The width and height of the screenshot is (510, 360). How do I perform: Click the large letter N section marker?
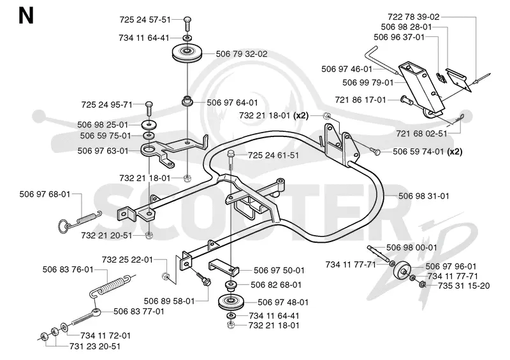(26, 16)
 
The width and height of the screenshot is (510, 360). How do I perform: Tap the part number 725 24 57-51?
(145, 20)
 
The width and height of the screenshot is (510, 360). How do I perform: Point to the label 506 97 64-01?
(232, 103)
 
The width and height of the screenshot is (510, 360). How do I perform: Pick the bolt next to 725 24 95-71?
(149, 108)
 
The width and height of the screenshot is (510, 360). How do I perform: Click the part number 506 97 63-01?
(103, 151)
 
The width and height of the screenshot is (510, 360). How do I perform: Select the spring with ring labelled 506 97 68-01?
(80, 220)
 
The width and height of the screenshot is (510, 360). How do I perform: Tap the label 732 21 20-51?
(106, 236)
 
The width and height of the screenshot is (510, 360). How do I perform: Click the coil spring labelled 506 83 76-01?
(112, 286)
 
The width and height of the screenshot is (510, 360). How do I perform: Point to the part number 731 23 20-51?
(95, 347)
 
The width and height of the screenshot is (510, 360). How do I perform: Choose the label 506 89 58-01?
(169, 301)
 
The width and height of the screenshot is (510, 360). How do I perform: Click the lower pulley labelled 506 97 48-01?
(231, 303)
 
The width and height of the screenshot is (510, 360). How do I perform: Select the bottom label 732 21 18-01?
(274, 326)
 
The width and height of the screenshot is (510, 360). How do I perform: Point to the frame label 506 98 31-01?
(424, 196)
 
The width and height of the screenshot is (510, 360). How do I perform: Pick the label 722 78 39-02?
(413, 17)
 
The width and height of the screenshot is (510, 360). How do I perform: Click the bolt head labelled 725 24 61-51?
(231, 153)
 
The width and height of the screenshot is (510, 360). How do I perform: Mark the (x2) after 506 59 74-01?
(455, 152)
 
